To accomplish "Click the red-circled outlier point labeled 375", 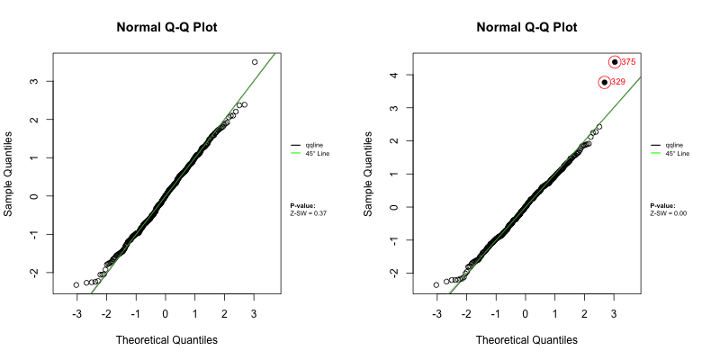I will (615, 62).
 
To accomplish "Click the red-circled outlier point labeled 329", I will (605, 82).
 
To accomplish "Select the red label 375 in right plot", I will (629, 62).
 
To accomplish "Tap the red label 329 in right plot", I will (618, 82).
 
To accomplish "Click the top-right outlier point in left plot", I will (255, 62).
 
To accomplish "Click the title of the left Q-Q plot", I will (166, 27).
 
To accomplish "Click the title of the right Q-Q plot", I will (526, 27).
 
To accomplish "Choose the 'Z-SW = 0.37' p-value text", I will (309, 212).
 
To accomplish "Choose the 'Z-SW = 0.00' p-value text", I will (669, 212).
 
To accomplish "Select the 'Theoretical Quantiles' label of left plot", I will (166, 339).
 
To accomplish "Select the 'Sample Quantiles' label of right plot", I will (368, 172).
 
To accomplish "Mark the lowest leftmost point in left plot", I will (76, 284).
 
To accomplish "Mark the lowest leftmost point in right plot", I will (436, 284).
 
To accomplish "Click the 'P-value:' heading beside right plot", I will (662, 205).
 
